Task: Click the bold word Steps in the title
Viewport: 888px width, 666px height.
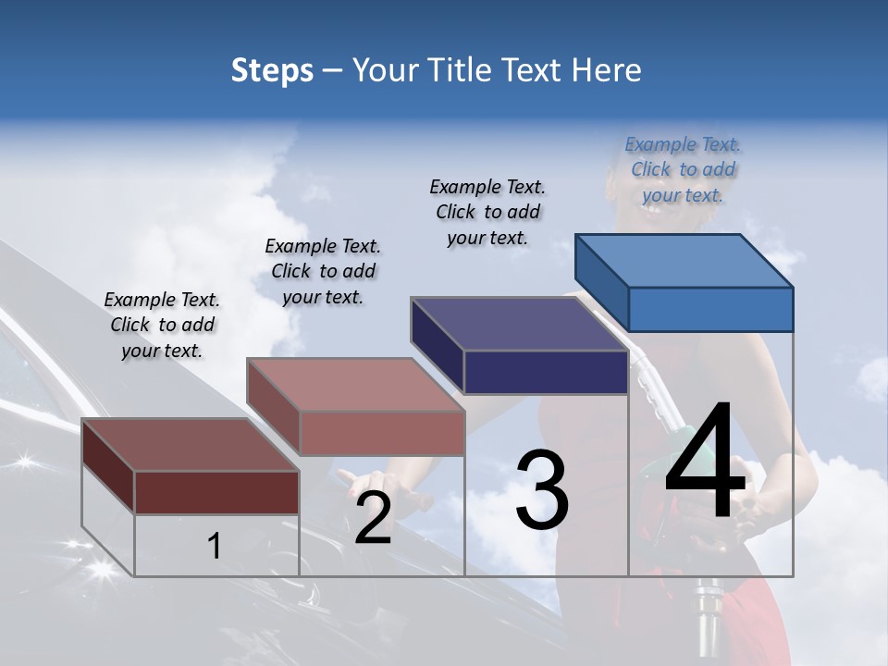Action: pos(272,70)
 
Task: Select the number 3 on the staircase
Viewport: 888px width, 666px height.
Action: pos(542,490)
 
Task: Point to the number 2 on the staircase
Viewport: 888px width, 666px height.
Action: pos(373,518)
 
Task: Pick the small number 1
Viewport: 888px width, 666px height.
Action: pos(214,547)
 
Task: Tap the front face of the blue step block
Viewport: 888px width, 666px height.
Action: pos(710,309)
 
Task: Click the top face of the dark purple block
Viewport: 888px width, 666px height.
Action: pos(520,324)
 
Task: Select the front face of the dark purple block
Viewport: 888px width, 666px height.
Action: pos(546,372)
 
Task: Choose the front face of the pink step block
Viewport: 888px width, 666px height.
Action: pos(382,433)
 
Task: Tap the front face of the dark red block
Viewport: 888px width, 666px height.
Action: pos(216,492)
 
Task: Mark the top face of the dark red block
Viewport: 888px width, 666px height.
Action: pos(190,445)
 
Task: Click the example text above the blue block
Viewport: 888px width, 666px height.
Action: pos(683,169)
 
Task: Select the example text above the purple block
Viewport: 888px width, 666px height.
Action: pos(487,212)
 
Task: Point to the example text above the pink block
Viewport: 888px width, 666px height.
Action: pos(323,271)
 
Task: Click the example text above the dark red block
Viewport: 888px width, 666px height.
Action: pos(162,325)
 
